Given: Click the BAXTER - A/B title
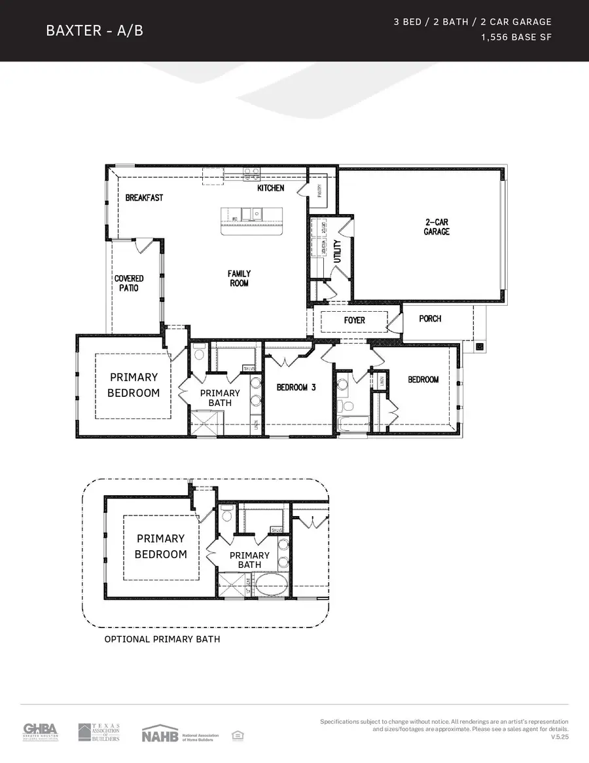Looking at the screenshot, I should [94, 31].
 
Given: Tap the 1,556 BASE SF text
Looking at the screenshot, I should [516, 37].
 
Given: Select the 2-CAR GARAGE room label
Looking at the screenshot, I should [437, 227].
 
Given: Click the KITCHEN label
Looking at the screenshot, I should [270, 188].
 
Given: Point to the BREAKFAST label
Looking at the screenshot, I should [144, 197].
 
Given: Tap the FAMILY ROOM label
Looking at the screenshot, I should [240, 278].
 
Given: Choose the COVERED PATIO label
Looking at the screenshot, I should [129, 283].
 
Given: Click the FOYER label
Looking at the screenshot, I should [355, 320].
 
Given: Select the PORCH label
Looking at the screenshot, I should [430, 318].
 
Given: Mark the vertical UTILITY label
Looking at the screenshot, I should [338, 251].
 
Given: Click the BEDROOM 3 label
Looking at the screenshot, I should [296, 387].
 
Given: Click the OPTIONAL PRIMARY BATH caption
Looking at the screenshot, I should [162, 639].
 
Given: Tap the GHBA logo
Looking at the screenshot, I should [41, 732].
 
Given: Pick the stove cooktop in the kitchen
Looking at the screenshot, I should [251, 174].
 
